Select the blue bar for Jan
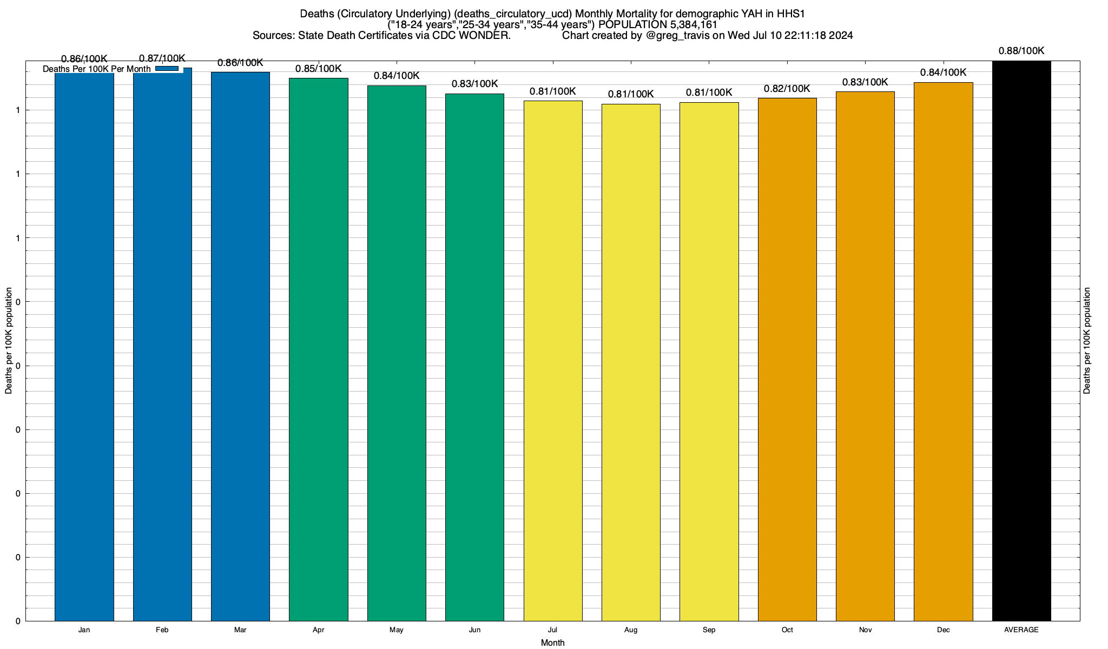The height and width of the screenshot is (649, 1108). (x=84, y=346)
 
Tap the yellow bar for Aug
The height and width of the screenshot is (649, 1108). (x=631, y=362)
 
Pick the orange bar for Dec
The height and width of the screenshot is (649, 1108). (x=943, y=351)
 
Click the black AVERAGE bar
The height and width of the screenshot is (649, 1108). (x=1021, y=341)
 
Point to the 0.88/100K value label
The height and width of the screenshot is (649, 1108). (x=1021, y=51)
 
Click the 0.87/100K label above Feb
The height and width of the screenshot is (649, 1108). (x=162, y=58)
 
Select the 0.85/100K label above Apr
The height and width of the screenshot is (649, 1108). (x=319, y=69)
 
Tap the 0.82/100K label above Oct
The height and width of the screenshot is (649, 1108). (x=787, y=89)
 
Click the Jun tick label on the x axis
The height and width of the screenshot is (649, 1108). (x=474, y=630)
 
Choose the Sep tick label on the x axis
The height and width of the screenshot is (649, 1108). (x=709, y=630)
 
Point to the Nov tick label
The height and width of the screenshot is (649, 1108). (x=865, y=630)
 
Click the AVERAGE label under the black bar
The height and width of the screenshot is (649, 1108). (x=1021, y=630)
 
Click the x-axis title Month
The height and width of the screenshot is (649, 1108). (x=552, y=643)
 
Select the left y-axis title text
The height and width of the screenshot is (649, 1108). (x=9, y=340)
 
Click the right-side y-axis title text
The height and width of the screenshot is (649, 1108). (x=1087, y=340)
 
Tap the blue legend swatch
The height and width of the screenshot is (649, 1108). (x=167, y=69)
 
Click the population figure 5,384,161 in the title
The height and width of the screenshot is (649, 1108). (x=687, y=25)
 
